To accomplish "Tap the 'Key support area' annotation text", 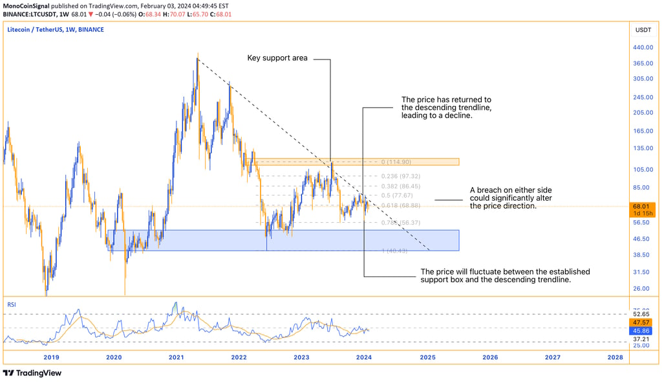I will coord(277,58).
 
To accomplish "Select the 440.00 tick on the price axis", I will coord(643,48).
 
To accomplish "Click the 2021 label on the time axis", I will coord(176,357).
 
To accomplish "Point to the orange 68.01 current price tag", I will coord(643,207).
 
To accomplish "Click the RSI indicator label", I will coord(12,303).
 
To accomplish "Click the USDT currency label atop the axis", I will coord(643,30).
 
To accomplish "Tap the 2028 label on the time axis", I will coord(615,357).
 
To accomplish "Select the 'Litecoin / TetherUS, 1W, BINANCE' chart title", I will coord(56,30).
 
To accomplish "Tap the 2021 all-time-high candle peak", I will coord(198,54).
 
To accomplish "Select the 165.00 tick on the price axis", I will coord(643,131).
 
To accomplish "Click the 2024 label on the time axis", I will coord(364,357).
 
